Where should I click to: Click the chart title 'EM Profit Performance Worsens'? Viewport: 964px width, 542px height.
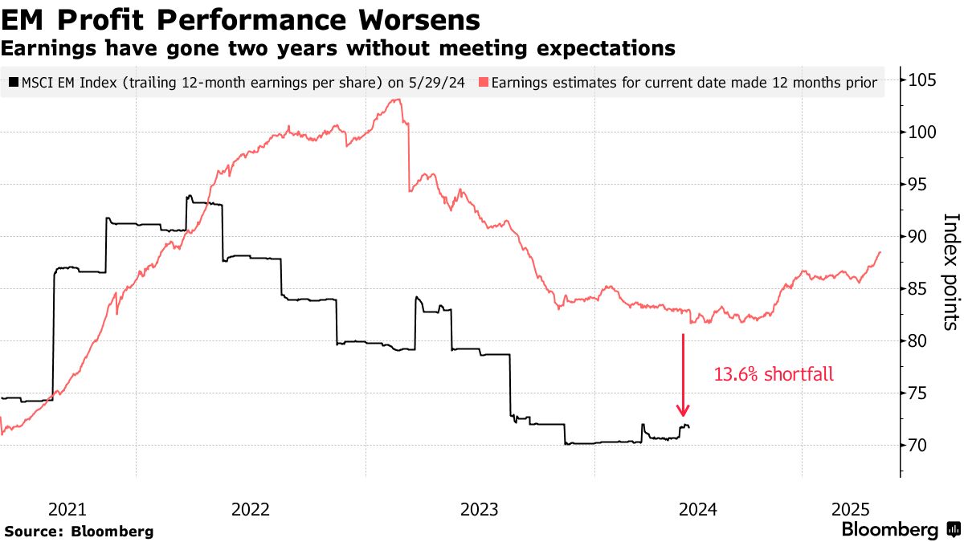(241, 19)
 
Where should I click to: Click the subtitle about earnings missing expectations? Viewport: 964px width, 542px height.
(338, 48)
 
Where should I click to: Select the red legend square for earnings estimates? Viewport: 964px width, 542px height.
(483, 82)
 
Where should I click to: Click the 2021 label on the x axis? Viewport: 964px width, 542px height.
(67, 509)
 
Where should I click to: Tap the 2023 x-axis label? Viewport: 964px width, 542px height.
(480, 509)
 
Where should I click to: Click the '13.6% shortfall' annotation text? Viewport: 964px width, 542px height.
(774, 373)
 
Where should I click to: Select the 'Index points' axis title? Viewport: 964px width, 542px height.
(951, 271)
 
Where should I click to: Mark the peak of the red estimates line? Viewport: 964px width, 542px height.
(395, 100)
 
